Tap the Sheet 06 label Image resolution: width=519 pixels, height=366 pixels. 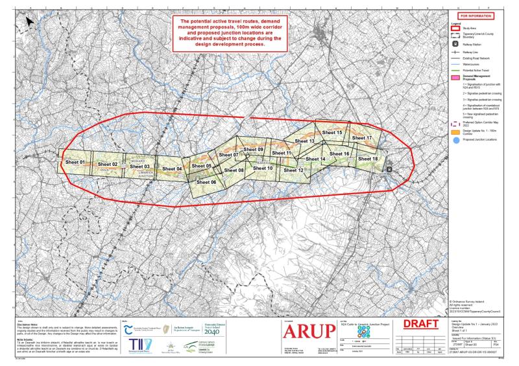(x=205, y=183)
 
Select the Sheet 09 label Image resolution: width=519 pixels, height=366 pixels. (x=252, y=150)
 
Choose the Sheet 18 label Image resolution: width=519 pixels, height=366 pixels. (x=367, y=159)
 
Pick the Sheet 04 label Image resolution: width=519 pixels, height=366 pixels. (x=171, y=169)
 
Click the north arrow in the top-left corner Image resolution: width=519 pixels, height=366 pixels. (x=30, y=21)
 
